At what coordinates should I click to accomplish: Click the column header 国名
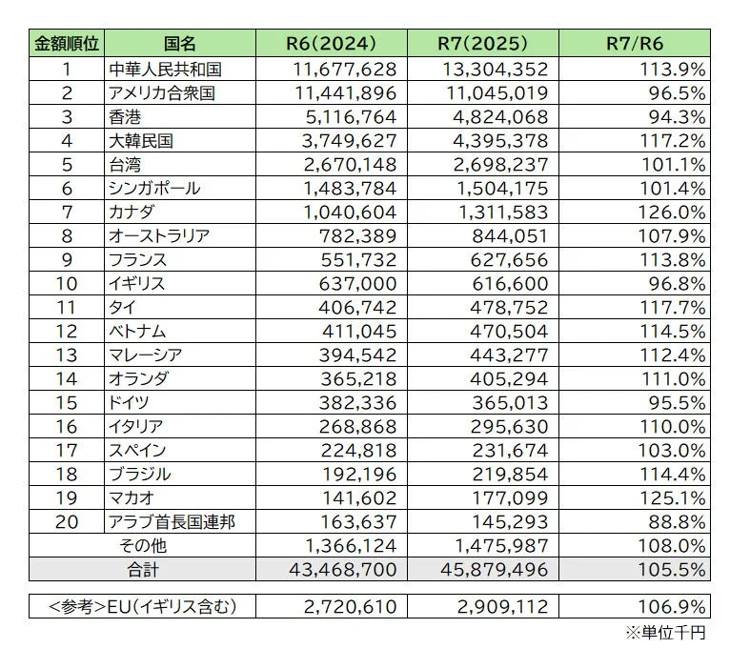coord(179,44)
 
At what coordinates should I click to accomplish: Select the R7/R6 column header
coord(634,44)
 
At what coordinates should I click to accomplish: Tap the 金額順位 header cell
coord(67,44)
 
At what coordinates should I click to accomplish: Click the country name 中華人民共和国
coord(167,69)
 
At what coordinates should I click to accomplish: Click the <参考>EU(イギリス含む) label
coord(142,606)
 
